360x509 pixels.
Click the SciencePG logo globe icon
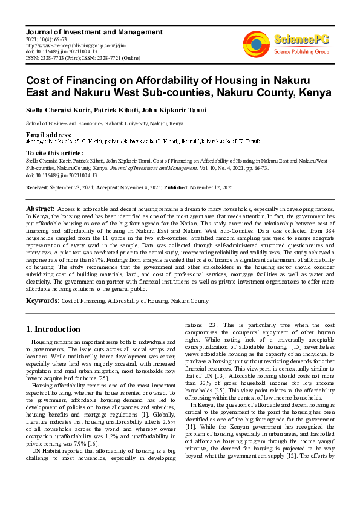click(256, 43)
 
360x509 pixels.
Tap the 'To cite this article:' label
click(55, 154)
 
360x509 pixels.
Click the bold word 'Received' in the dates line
click(36, 188)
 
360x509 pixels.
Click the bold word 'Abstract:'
click(40, 207)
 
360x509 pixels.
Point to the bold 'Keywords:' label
click(42, 300)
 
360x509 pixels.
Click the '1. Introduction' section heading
click(53, 329)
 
